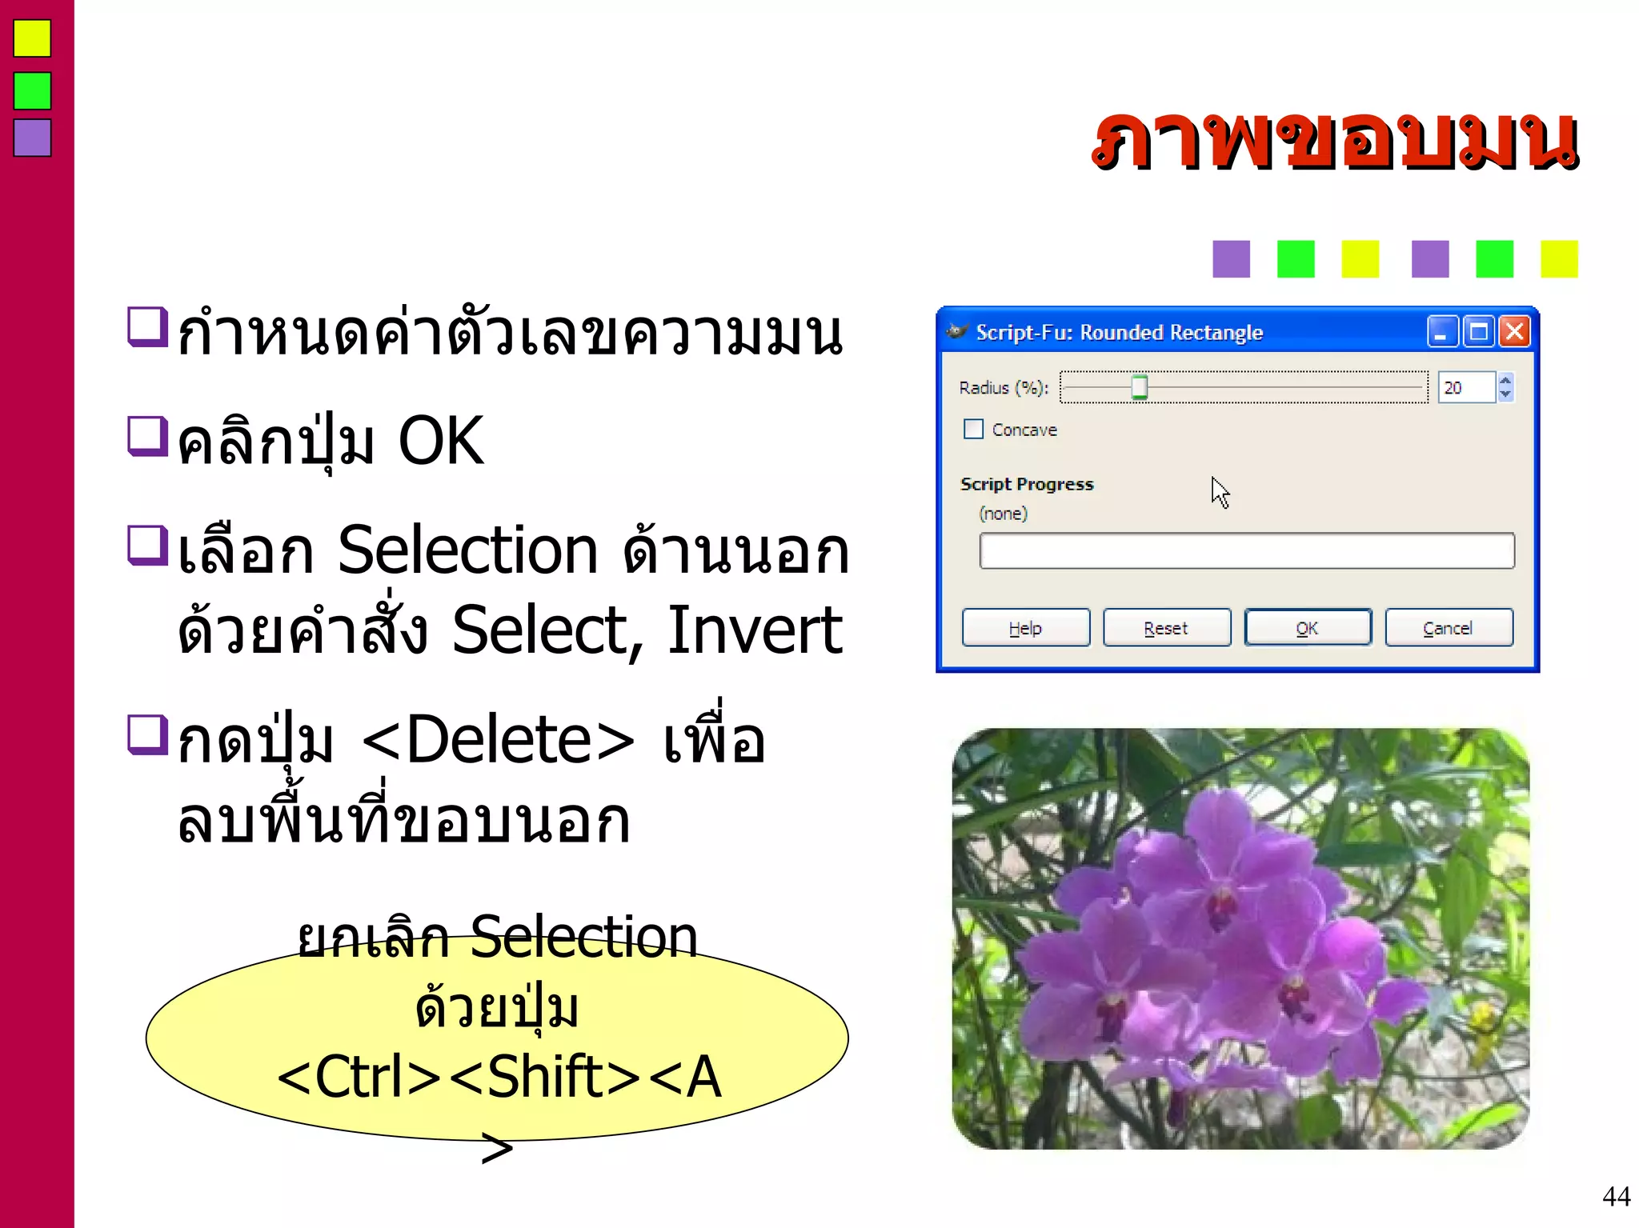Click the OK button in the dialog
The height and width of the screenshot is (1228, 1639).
tap(1307, 628)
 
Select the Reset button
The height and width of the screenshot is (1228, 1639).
tap(1166, 628)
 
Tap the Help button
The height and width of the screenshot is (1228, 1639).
tap(1025, 628)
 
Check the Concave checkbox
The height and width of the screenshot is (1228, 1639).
tap(973, 430)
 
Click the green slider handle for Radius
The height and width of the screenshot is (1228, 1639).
tap(1139, 388)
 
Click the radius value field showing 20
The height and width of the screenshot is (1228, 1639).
tap(1465, 388)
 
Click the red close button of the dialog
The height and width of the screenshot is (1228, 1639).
tap(1515, 331)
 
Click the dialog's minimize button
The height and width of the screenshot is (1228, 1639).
tap(1441, 331)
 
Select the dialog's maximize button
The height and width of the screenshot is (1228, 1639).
tap(1478, 331)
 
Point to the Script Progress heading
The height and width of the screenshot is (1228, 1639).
tap(1027, 484)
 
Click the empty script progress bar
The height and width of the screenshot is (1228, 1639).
tap(1246, 551)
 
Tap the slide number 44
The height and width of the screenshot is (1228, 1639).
tap(1616, 1197)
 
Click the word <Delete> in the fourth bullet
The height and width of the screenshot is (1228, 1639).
tap(498, 740)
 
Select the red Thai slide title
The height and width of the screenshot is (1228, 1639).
tap(1335, 142)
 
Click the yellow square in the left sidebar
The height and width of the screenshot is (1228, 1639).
tap(32, 38)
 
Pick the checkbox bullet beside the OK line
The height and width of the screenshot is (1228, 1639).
tap(147, 437)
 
